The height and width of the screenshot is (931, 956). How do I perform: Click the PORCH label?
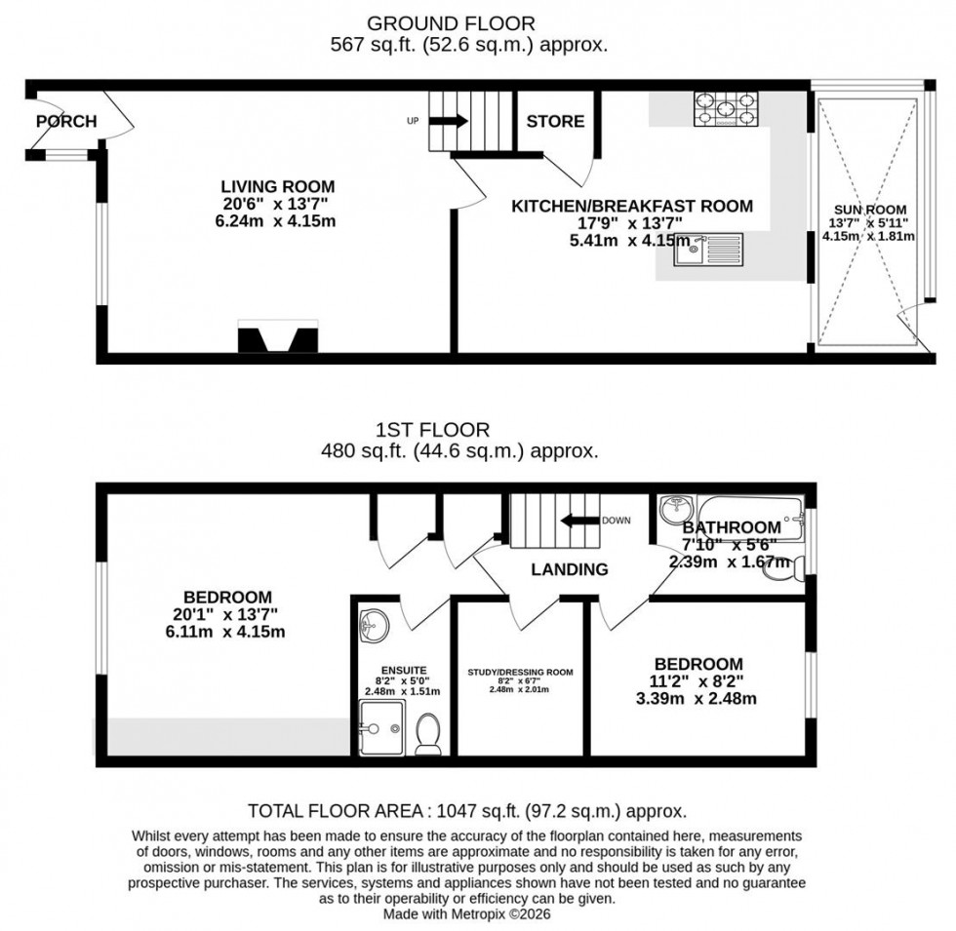click(x=66, y=122)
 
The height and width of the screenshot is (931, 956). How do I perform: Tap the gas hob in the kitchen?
click(x=726, y=109)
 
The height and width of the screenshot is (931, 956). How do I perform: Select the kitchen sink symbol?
click(x=712, y=251)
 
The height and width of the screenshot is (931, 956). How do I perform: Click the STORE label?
click(x=555, y=122)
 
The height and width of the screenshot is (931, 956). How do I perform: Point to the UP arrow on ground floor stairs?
click(x=449, y=121)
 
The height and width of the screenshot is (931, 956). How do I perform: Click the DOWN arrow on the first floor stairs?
click(x=579, y=521)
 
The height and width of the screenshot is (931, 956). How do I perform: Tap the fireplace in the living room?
click(x=278, y=338)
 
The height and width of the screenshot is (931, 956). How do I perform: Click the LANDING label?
click(x=570, y=569)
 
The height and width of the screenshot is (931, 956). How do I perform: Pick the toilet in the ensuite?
click(x=428, y=734)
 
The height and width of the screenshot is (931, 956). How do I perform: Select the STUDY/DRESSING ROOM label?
click(x=520, y=672)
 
